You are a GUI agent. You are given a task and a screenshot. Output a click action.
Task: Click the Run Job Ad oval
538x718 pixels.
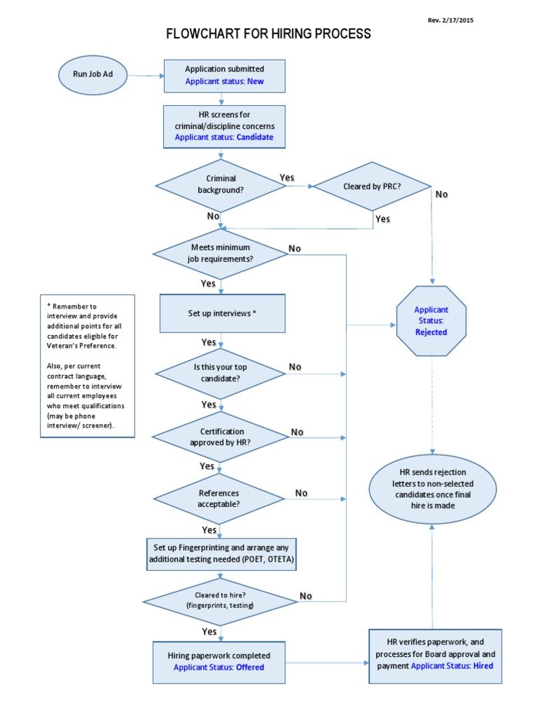93,75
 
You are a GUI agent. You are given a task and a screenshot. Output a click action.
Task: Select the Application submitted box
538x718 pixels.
224,76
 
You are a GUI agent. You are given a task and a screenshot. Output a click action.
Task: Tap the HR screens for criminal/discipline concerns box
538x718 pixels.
224,126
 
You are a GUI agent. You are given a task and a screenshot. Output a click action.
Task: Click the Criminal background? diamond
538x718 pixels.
221,184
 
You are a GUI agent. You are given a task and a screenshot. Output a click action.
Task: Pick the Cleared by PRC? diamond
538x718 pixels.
371,186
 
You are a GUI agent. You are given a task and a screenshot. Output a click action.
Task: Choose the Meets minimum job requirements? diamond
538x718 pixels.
221,253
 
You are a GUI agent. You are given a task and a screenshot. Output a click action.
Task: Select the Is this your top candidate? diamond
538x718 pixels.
221,372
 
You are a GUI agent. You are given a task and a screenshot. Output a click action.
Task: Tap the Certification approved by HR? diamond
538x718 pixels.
221,437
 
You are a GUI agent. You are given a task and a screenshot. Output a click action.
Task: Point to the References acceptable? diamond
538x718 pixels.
221,499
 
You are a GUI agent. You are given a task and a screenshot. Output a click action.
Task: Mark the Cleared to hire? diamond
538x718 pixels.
221,600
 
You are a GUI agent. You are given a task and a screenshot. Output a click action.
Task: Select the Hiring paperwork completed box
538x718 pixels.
219,661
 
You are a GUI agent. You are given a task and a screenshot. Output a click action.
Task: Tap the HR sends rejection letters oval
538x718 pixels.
432,488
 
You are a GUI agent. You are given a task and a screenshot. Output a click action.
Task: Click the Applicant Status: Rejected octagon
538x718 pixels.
431,320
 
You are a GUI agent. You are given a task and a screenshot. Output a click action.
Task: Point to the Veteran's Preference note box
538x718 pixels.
88,366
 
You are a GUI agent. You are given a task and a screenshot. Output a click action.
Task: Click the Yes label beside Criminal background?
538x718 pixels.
287,178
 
